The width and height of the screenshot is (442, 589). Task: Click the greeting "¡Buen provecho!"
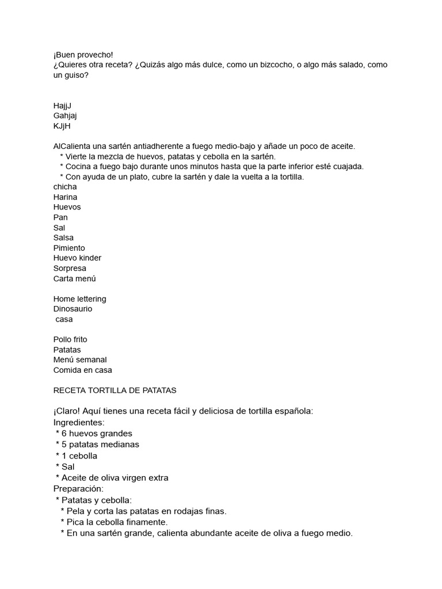tap(83, 55)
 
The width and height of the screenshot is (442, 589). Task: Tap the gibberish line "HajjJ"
tap(62, 106)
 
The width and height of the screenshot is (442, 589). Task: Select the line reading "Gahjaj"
tap(65, 116)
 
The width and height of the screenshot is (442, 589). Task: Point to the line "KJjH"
tap(62, 126)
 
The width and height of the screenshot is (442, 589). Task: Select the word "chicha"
tap(65, 187)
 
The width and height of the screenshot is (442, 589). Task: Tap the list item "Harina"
tap(65, 197)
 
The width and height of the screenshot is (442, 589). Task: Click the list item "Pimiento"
tap(69, 248)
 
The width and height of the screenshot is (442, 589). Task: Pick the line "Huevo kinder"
tap(77, 258)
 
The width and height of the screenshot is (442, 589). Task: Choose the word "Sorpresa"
tap(70, 268)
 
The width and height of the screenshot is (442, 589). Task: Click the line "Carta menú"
tap(74, 278)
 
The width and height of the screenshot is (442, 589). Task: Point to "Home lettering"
tap(79, 299)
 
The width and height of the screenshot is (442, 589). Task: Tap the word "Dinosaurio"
tap(73, 309)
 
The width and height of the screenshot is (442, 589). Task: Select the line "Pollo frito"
tap(70, 339)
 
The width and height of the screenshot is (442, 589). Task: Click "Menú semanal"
tap(80, 360)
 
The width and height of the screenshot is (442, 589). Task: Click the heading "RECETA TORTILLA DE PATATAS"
tap(115, 391)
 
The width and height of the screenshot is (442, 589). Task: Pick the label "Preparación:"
tap(78, 488)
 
